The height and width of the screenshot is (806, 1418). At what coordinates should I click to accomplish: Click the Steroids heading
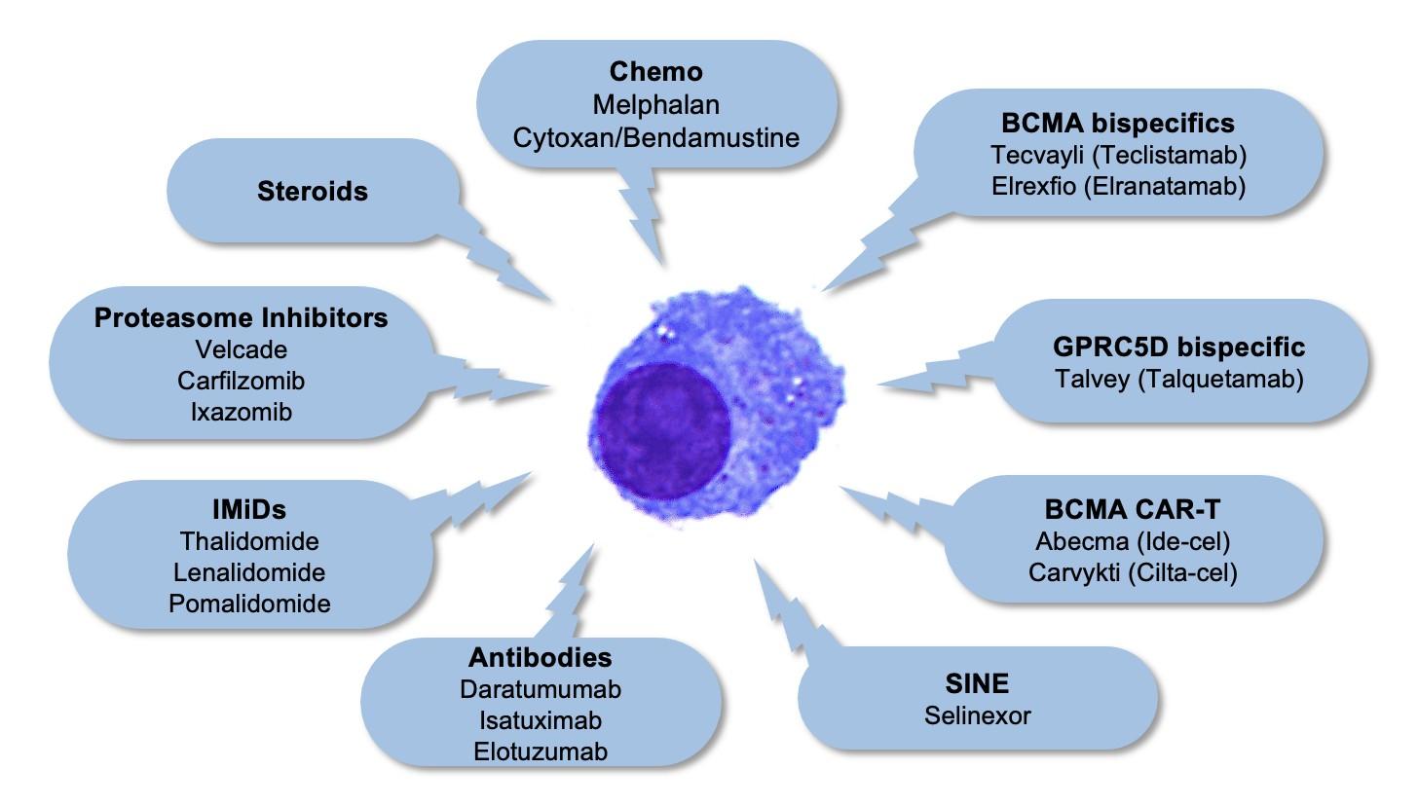(313, 191)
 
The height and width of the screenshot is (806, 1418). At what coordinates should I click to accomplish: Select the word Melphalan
(655, 103)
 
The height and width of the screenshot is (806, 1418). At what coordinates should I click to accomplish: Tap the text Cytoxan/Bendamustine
(655, 136)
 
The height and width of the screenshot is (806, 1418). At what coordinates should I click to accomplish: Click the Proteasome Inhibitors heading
(241, 317)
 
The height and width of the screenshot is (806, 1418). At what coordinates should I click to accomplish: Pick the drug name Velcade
(241, 348)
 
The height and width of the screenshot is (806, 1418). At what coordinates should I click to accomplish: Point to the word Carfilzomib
(241, 380)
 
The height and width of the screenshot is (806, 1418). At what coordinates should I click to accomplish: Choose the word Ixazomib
(241, 411)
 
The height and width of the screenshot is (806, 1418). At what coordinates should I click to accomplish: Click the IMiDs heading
(248, 509)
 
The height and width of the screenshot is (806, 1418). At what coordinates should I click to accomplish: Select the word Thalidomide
(248, 540)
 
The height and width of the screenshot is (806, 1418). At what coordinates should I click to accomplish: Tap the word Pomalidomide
(249, 603)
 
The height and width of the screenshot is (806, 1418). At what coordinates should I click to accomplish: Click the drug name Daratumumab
(541, 688)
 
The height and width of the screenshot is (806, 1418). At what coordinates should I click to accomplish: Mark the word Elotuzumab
(541, 751)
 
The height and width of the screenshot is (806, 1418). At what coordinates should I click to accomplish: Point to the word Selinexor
(977, 715)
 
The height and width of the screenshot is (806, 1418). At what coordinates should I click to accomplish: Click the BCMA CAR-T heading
(1133, 509)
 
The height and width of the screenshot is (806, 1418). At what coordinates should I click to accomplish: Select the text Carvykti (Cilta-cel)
(1133, 571)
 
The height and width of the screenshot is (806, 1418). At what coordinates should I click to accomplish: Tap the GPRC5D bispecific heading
(1178, 347)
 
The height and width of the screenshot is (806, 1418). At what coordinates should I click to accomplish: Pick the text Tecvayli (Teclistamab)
(1118, 154)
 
